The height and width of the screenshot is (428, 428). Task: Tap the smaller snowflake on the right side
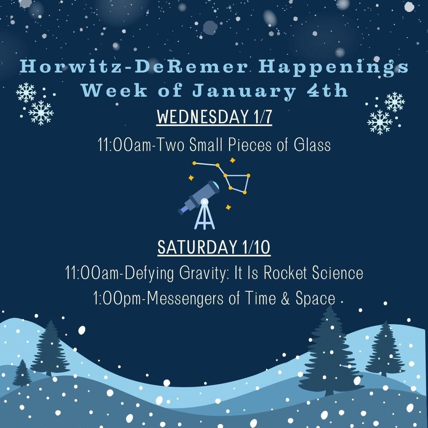tap(395, 102)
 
